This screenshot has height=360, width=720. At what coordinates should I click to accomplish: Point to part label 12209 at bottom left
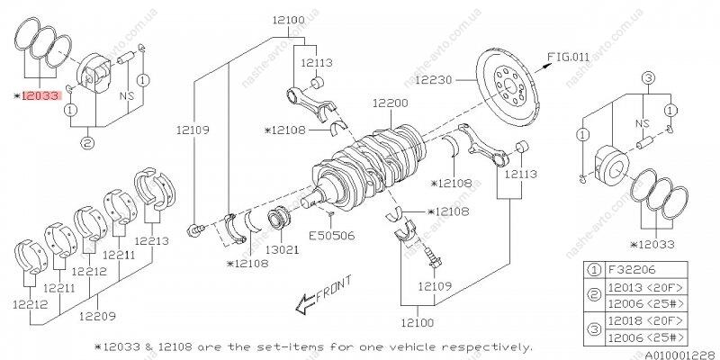[97, 316]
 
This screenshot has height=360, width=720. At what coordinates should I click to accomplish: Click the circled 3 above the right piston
[646, 79]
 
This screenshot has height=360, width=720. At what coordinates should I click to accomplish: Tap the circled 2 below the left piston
[87, 141]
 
